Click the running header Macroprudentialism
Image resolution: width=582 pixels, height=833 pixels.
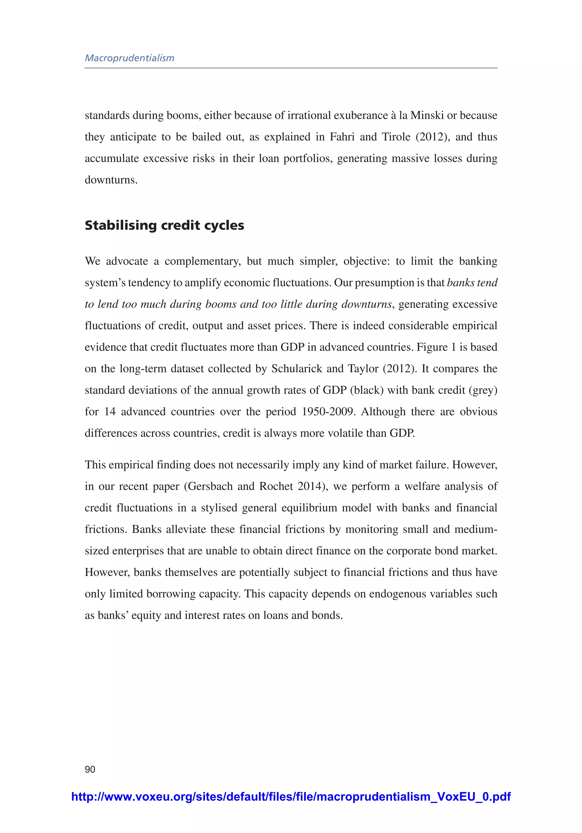(x=130, y=58)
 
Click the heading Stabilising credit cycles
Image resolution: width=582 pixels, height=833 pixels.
(x=164, y=225)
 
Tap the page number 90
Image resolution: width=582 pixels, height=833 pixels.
(x=90, y=769)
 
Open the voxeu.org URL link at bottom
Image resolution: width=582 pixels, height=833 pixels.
(x=291, y=796)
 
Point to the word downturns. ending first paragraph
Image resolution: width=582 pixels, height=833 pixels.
(x=111, y=180)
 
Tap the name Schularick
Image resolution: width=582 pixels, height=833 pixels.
(x=297, y=369)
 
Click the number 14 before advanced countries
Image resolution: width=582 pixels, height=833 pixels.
(x=110, y=412)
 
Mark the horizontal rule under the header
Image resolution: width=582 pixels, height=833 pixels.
(x=291, y=68)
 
